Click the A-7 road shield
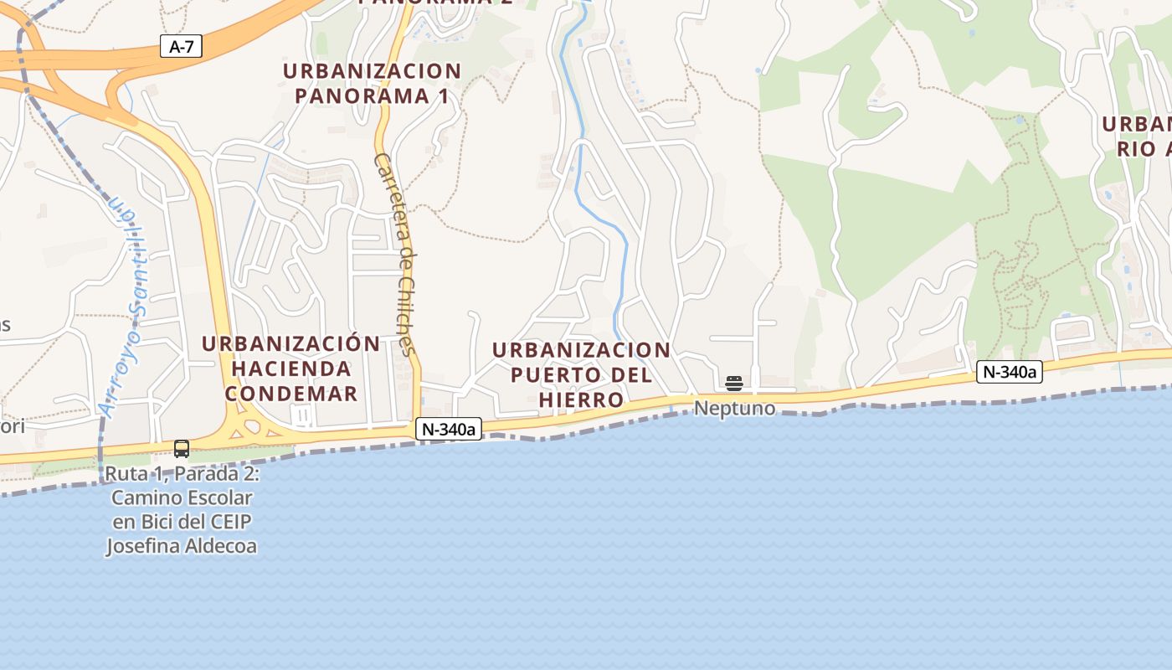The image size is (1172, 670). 181,46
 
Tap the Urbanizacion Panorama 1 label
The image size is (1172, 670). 372,83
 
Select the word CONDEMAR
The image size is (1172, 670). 291,393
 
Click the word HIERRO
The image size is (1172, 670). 581,399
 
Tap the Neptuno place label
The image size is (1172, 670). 735,410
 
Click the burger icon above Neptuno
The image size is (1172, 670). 734,384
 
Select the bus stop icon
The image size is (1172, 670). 182,448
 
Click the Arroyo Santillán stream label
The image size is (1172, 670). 126,310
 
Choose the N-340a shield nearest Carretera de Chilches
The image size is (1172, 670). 449,430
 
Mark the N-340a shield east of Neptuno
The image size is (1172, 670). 1009,372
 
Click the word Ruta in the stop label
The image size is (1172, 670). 123,474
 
